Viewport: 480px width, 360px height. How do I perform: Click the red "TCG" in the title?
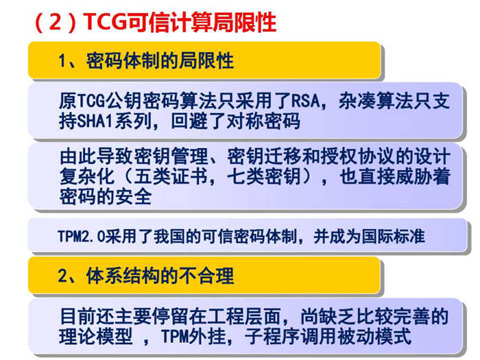coord(105,22)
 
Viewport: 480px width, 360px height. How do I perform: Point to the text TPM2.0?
coord(81,237)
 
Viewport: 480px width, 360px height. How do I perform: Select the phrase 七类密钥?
coord(264,176)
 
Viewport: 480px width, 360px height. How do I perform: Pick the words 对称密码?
coord(263,121)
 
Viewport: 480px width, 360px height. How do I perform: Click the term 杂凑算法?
coord(375,101)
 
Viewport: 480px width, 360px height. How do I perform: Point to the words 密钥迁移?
coord(264,156)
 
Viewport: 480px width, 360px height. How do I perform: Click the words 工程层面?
coord(245,316)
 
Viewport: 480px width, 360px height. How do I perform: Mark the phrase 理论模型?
coord(96,336)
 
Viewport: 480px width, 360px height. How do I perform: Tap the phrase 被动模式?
coord(374,336)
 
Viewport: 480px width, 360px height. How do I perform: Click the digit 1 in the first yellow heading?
coord(62,60)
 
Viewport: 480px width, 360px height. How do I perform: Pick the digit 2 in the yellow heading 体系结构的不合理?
coord(62,276)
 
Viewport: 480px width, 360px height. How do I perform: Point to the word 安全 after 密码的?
coord(134,196)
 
